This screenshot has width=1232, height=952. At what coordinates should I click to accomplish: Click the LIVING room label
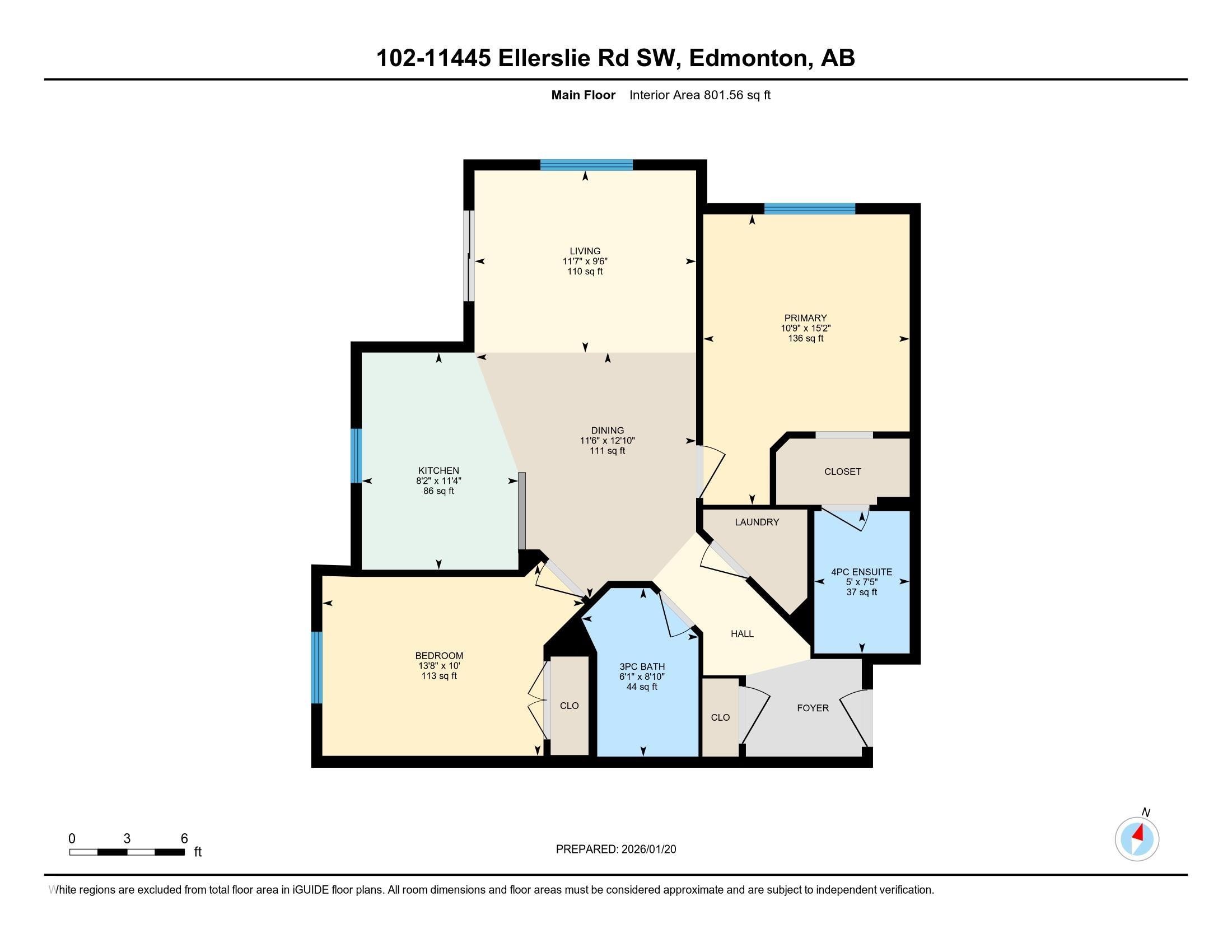[585, 251]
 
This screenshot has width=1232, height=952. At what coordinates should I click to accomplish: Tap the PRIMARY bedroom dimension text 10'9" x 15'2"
[805, 328]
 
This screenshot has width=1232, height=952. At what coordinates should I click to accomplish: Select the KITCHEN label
[438, 470]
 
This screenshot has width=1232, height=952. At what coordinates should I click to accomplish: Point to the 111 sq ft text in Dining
[608, 451]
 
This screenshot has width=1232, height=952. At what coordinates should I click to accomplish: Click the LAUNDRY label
[757, 522]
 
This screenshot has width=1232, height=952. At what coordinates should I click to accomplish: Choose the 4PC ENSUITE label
[861, 572]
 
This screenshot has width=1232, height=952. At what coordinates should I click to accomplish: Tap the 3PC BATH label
[642, 666]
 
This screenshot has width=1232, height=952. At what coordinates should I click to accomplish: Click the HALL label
[742, 634]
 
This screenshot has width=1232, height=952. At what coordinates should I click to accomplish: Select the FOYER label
[813, 708]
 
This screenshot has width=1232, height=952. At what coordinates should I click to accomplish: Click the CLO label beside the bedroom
[569, 706]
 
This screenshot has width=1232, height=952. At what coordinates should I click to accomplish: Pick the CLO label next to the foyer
[720, 717]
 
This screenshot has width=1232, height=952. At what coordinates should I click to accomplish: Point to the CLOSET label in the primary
[842, 472]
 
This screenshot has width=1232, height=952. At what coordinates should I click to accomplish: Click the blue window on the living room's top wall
[586, 165]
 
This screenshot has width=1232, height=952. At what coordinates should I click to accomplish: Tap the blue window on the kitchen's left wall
[356, 456]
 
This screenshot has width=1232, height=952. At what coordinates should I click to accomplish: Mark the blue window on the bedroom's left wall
[317, 667]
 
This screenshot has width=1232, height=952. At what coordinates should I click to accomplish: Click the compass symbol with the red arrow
[1137, 839]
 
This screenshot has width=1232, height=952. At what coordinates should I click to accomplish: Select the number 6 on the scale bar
[184, 839]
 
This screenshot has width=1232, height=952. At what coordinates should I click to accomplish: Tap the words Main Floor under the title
[583, 95]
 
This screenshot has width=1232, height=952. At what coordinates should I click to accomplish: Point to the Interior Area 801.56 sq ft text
[699, 95]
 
